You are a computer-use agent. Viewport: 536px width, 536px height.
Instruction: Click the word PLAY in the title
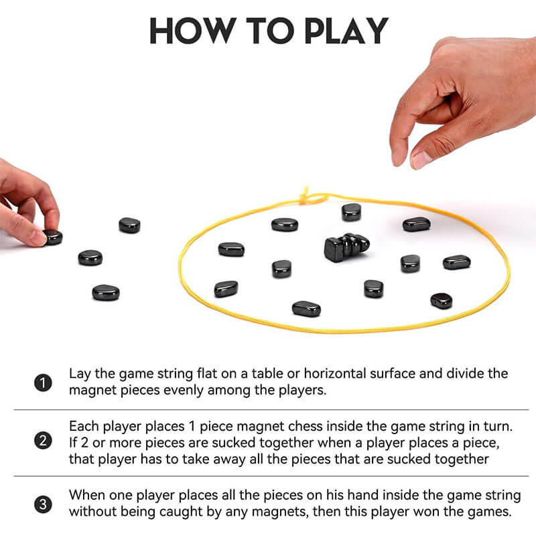coord(346,31)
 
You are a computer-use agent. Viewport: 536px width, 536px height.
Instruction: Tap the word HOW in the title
coord(193,31)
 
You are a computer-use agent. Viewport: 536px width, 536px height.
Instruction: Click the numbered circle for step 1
coord(43,383)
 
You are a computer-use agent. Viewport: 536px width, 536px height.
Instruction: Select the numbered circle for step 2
coord(43,441)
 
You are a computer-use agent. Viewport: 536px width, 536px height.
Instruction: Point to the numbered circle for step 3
coord(43,505)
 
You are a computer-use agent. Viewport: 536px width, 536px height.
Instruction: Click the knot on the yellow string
coord(308,197)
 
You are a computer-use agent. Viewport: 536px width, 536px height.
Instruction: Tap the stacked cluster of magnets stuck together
coord(346,247)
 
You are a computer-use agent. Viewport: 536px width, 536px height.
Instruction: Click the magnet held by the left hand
coord(54,237)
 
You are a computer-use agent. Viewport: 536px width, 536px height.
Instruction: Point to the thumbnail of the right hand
coord(421,159)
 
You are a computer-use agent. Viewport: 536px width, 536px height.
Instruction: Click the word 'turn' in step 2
coord(498,427)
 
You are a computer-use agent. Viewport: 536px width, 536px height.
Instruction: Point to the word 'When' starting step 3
coord(86,495)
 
